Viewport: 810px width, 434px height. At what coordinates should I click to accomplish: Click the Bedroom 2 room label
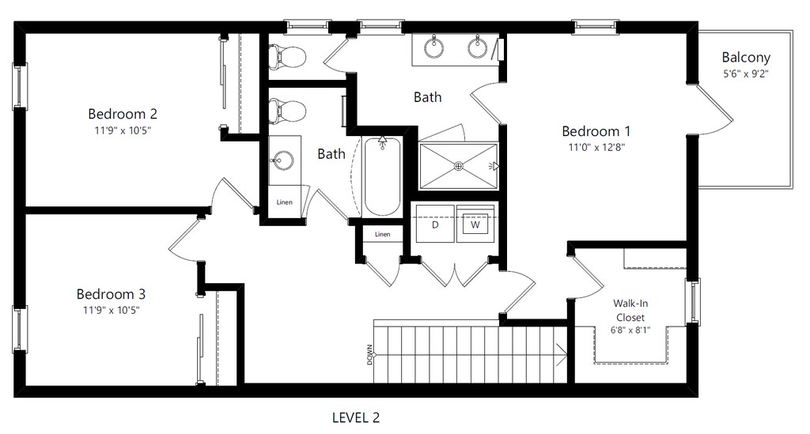(x=123, y=114)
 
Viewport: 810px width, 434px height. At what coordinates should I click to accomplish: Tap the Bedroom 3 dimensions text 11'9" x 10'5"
(x=112, y=310)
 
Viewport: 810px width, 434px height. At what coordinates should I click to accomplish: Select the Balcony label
(x=746, y=57)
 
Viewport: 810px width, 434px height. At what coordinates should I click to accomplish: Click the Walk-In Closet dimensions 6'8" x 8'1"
(x=630, y=330)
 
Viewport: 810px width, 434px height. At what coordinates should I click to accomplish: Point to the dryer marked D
(x=435, y=224)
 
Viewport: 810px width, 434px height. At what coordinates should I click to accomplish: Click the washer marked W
(x=475, y=224)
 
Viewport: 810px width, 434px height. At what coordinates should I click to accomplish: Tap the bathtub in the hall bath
(x=382, y=176)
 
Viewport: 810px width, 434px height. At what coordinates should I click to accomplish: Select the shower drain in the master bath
(x=458, y=166)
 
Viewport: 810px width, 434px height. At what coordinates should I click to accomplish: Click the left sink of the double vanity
(x=434, y=47)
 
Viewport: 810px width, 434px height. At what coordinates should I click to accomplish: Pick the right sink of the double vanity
(x=477, y=47)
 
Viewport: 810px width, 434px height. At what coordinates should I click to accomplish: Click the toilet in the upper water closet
(x=287, y=56)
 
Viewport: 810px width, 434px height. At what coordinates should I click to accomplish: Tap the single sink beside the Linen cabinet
(x=282, y=160)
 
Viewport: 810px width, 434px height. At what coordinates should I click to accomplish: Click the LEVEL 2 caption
(x=356, y=417)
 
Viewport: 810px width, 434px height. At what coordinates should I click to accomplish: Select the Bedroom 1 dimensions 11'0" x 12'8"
(x=596, y=147)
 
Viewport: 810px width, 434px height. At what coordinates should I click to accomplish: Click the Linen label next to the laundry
(x=382, y=234)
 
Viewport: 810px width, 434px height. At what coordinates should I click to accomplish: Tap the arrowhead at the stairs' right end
(x=562, y=354)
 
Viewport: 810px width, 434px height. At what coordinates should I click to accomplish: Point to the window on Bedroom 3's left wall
(x=20, y=329)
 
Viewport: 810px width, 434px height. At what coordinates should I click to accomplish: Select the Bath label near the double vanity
(x=428, y=97)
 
